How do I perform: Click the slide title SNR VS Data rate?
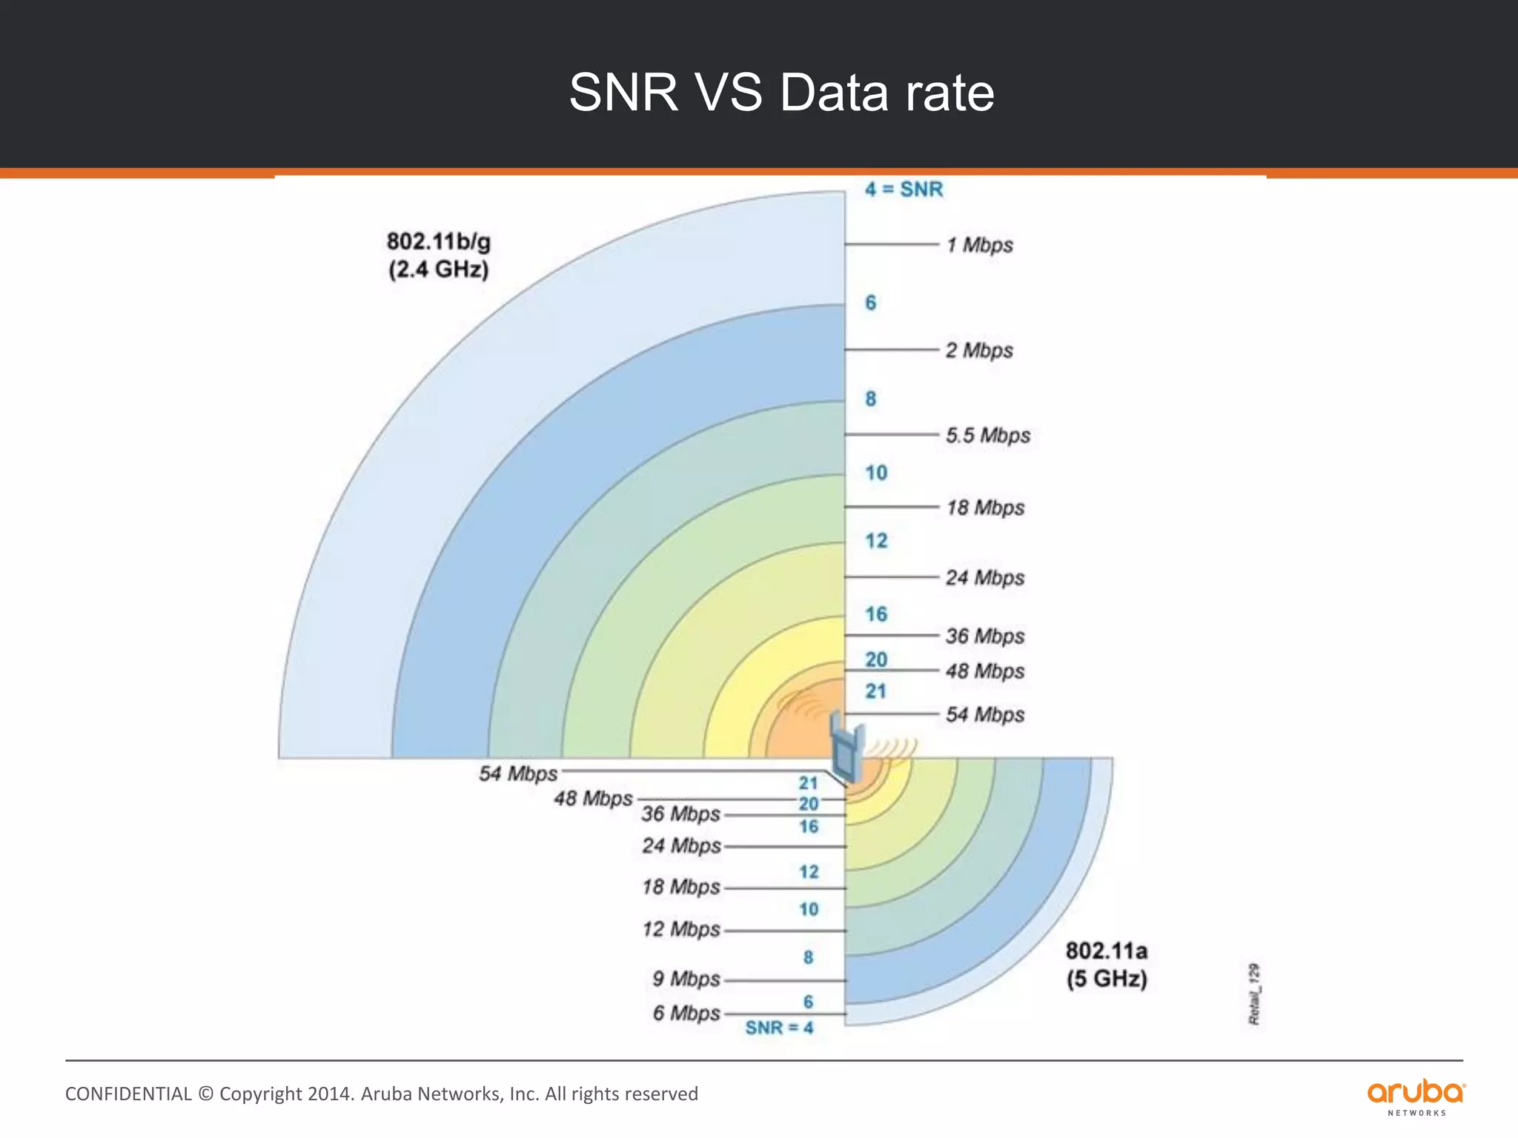tap(781, 93)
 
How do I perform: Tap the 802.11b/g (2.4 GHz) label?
tap(438, 255)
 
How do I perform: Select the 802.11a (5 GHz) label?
tap(1107, 965)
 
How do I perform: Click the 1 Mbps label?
tap(979, 245)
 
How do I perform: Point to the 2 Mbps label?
tap(979, 350)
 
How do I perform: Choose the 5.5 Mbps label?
tap(987, 436)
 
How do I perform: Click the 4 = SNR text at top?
tap(904, 190)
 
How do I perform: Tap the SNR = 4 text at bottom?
tap(779, 1028)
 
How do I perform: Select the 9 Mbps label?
tap(686, 979)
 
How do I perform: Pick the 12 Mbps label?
tap(681, 930)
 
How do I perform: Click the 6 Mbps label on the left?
tap(686, 1014)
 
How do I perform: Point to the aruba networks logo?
tap(1416, 1097)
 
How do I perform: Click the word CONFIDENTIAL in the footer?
tap(128, 1094)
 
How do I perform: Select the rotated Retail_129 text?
tap(1254, 994)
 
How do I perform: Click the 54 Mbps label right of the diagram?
tap(985, 715)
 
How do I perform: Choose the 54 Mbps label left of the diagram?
tap(517, 774)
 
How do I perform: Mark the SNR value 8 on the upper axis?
tap(871, 399)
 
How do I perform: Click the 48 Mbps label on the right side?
tap(985, 671)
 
